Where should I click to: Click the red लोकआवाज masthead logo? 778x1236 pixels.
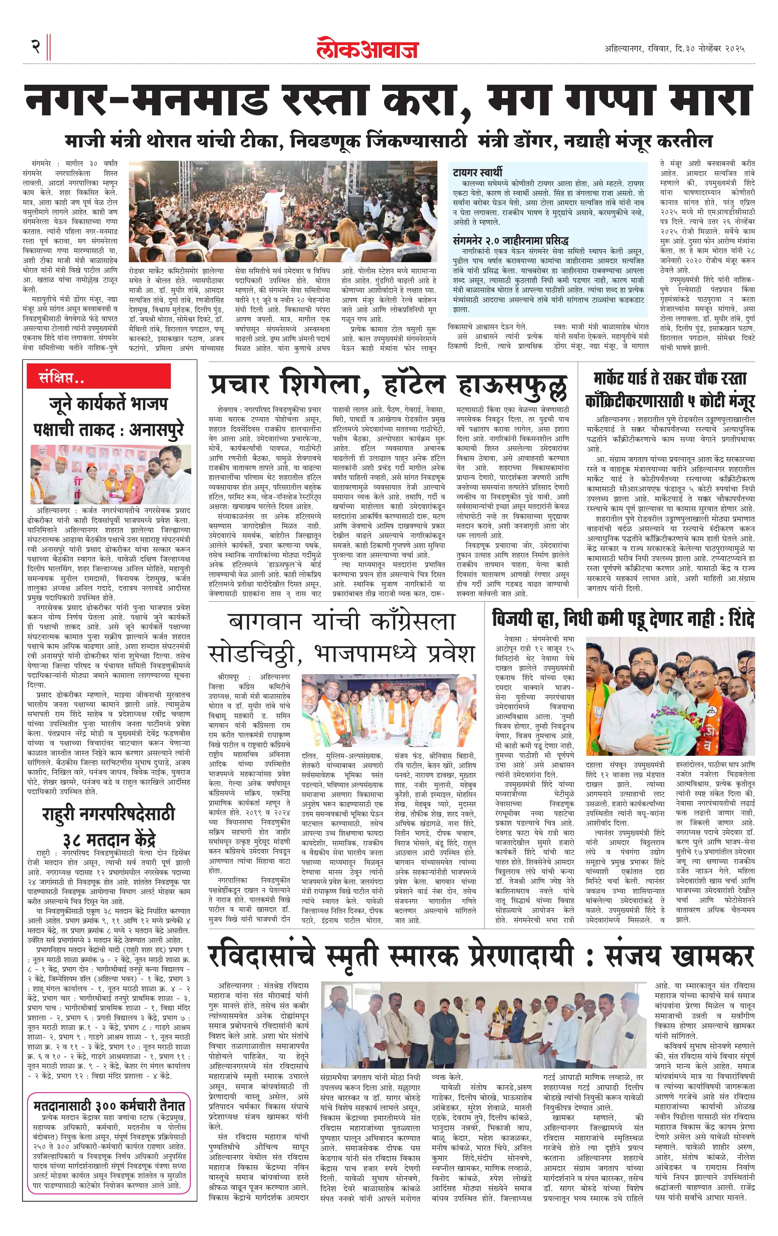tap(367, 48)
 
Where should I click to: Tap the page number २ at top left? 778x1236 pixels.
tap(36, 47)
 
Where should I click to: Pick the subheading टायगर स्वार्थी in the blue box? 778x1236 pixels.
tap(477, 172)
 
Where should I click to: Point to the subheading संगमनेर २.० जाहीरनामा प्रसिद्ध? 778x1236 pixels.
tap(511, 240)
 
